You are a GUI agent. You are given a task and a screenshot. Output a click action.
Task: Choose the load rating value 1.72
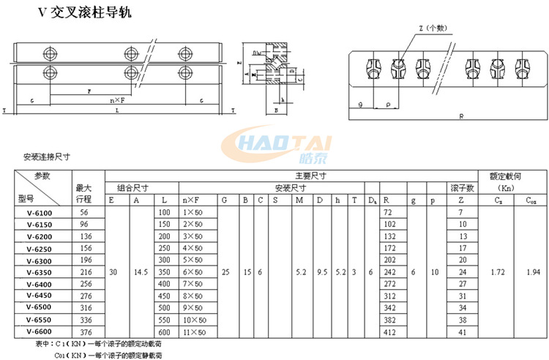pyautogui.click(x=498, y=272)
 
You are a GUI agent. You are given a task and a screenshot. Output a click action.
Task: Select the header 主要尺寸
pyautogui.click(x=310, y=176)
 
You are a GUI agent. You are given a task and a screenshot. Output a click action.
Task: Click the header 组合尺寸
pyautogui.click(x=141, y=187)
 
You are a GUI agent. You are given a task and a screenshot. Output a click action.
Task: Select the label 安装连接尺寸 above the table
pyautogui.click(x=47, y=157)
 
